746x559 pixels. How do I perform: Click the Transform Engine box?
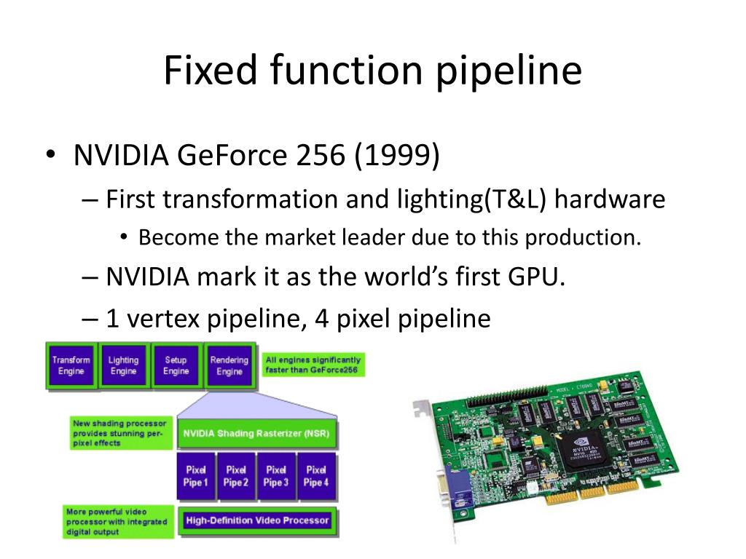(x=71, y=365)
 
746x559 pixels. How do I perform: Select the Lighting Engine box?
(x=123, y=365)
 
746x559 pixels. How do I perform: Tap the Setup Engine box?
(x=176, y=365)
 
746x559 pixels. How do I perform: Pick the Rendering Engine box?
(x=229, y=365)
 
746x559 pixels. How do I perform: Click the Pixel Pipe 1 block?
(x=196, y=476)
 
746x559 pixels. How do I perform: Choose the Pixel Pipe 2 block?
(x=236, y=476)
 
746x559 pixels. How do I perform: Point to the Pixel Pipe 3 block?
(x=276, y=476)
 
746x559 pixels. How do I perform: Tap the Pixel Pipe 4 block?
(x=316, y=476)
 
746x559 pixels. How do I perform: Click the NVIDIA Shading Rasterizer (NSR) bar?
(x=256, y=435)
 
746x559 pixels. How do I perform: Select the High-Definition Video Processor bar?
(x=256, y=520)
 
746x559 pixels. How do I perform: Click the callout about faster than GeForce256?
(x=313, y=365)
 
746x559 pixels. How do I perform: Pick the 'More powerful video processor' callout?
(x=117, y=522)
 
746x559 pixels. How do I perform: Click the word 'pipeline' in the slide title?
(x=513, y=71)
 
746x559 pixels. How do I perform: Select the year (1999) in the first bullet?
(x=398, y=156)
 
